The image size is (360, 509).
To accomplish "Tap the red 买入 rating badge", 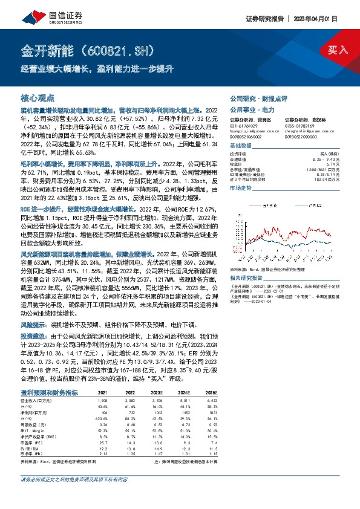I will pos(338,49).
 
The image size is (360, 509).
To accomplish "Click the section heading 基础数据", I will pos(240,146).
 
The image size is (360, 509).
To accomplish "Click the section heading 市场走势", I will pos(240,189).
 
